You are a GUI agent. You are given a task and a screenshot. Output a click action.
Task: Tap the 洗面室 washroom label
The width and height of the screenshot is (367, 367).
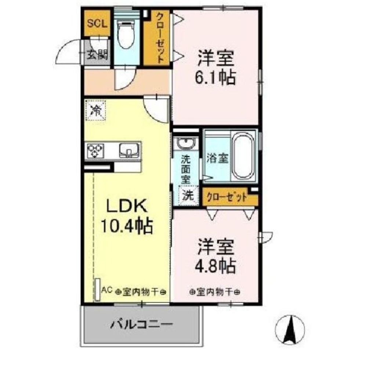pos(186,170)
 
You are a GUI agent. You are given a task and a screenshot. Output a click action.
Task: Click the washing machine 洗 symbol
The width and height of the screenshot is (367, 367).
pos(188,195)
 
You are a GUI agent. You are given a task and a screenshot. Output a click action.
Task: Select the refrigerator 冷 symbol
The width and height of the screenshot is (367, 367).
pos(96,110)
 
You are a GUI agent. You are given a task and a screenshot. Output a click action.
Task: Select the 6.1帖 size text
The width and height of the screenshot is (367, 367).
pos(216,77)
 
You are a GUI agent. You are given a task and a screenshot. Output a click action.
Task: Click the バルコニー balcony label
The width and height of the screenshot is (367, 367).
pos(141,324)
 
